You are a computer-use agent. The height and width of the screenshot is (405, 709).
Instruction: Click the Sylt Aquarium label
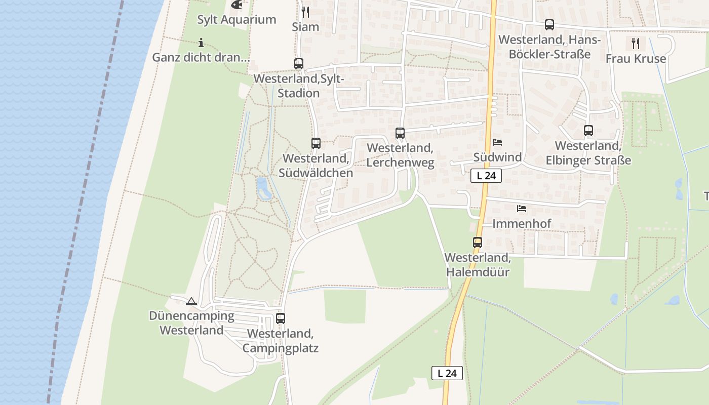pos(237,20)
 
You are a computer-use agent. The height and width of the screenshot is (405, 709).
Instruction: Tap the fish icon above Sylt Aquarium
pos(236,5)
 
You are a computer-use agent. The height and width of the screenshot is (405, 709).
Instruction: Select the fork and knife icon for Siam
pos(305,12)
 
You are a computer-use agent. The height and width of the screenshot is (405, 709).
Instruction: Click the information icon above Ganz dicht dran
pos(201,43)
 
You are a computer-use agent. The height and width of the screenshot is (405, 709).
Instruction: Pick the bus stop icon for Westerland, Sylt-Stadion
pos(299,64)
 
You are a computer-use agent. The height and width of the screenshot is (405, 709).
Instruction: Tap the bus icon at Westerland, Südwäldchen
pos(316,143)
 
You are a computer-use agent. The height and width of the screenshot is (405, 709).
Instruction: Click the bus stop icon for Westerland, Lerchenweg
pos(400,133)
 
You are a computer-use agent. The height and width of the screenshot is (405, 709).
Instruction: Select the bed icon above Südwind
pos(497,142)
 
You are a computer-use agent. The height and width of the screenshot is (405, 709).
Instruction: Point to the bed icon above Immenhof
pos(522,209)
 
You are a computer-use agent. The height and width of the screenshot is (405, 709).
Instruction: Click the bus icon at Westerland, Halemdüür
pos(478,242)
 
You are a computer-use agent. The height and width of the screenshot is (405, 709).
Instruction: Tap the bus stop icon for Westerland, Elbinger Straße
pos(588,131)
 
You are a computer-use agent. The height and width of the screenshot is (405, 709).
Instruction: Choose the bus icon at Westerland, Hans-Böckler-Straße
pos(549,25)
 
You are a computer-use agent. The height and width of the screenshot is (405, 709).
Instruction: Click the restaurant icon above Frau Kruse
pos(636,44)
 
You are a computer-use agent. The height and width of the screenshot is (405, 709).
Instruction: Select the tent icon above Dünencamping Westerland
pos(191,302)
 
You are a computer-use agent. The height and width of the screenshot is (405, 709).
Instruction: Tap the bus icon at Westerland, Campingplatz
pos(281,318)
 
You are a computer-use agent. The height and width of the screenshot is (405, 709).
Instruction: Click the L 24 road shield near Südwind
pos(486,176)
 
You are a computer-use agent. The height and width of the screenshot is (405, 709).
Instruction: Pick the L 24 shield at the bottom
pos(447,373)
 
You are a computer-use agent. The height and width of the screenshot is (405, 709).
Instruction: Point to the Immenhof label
pos(522,223)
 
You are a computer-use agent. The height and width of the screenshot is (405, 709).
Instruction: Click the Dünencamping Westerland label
pos(191,323)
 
